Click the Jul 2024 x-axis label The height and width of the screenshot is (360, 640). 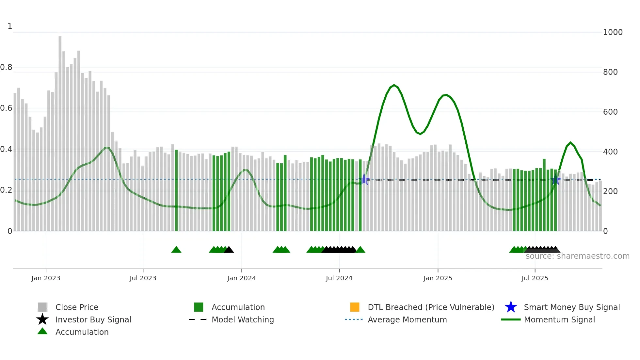tap(339, 278)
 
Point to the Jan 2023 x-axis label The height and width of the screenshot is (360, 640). tap(46, 278)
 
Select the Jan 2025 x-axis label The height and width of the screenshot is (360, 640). tap(438, 278)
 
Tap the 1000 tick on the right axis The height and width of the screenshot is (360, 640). tap(613, 32)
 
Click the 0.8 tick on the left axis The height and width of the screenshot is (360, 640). tap(6, 67)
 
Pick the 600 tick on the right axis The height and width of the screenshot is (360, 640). tap(610, 112)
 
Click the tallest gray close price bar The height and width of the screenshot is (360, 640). tap(60, 131)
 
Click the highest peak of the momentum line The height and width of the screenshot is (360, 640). tap(394, 85)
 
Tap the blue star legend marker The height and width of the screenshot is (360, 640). tap(511, 307)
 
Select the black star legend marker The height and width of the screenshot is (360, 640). tap(42, 319)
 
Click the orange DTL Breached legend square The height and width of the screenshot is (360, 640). tap(355, 307)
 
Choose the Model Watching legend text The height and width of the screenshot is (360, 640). tap(243, 319)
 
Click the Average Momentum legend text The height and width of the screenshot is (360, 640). tap(407, 319)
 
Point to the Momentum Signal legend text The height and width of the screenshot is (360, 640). tap(559, 319)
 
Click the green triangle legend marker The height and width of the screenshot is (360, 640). tap(42, 331)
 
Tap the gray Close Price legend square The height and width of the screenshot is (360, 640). tap(42, 307)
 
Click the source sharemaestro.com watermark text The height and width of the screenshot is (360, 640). tap(577, 256)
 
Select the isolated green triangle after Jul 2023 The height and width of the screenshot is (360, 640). tap(176, 250)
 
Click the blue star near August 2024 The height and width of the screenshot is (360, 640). tap(364, 179)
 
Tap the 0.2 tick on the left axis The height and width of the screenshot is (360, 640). tap(6, 190)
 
